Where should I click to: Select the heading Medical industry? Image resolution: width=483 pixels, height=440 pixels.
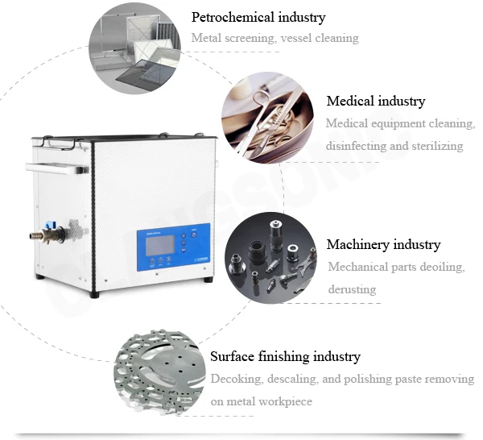[375, 102]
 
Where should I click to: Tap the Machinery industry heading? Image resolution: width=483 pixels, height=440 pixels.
[383, 244]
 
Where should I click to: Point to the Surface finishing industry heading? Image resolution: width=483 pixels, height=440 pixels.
[285, 356]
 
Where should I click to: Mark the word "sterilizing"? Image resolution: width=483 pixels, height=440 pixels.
[436, 146]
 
